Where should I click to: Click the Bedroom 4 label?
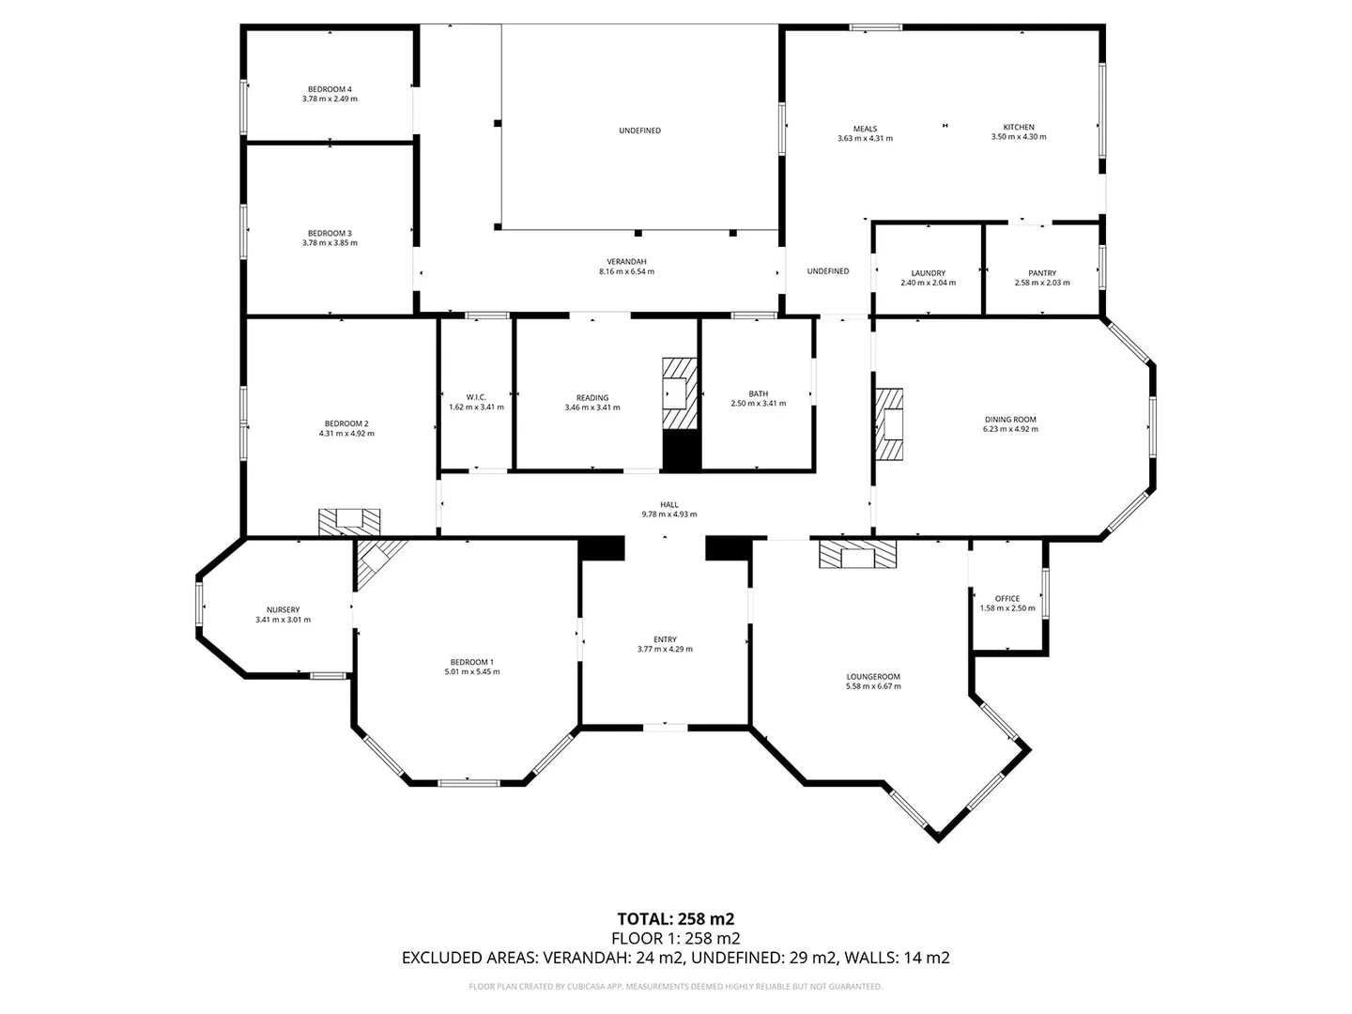tap(330, 89)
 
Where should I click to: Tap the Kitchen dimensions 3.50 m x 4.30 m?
tap(1019, 137)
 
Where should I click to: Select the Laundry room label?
tap(928, 273)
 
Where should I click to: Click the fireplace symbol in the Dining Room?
tap(888, 425)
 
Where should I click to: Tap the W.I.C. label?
tap(476, 397)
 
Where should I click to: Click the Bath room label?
tap(758, 393)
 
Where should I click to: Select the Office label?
tap(1006, 598)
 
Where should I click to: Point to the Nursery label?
tap(283, 609)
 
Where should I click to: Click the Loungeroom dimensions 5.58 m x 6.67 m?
tap(873, 686)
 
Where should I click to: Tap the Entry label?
tap(665, 639)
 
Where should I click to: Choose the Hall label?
tap(668, 504)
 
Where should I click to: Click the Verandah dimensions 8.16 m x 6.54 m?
tap(626, 271)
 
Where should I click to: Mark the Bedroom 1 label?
tap(471, 662)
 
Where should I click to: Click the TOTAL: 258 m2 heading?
tap(675, 918)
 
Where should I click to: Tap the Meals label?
tap(865, 129)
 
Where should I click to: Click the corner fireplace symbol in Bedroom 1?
tap(377, 561)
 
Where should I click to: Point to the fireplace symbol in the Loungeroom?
tap(857, 554)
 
